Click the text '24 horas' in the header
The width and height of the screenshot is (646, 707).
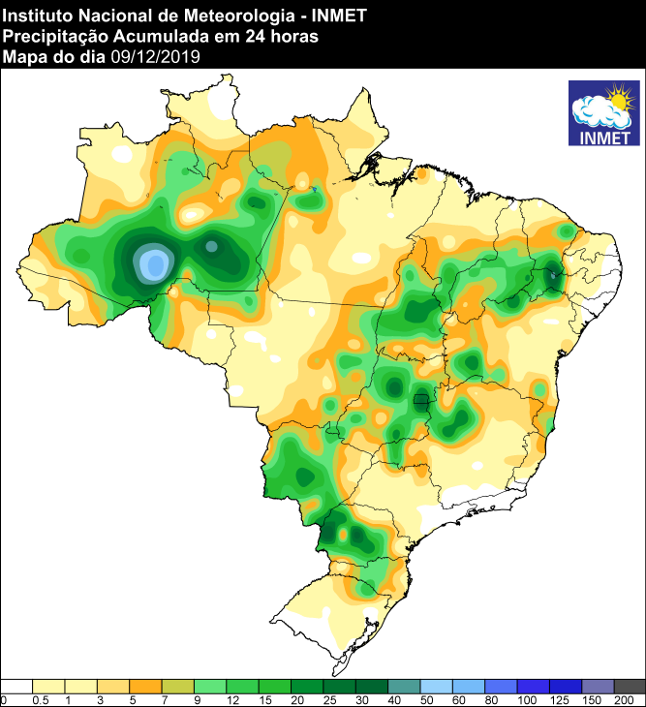coord(289,36)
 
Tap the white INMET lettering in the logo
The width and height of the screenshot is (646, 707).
coord(602,136)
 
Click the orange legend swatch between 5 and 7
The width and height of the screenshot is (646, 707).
coord(145,685)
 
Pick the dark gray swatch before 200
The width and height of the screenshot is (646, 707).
coord(630,685)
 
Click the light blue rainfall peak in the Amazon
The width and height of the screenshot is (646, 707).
coord(153,263)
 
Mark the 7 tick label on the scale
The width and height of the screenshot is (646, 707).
coord(163,699)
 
